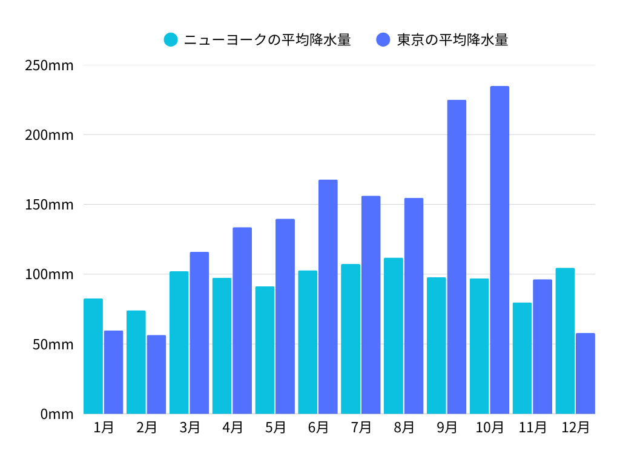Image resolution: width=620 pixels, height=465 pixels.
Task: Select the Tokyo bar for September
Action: coord(457,257)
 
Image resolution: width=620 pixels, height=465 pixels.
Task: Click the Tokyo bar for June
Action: coord(328,297)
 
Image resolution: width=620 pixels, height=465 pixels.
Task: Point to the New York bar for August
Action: coord(394,336)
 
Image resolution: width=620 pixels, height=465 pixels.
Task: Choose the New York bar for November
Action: coord(522,358)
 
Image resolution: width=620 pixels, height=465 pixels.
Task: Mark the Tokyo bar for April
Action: coord(242,320)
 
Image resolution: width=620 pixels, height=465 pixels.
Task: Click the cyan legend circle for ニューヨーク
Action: coord(171,40)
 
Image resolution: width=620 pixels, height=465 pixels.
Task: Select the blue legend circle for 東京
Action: coord(383,40)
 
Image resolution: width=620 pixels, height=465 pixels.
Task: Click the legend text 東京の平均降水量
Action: coord(452,40)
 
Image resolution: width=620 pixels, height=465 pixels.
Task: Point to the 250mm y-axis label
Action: coord(49,65)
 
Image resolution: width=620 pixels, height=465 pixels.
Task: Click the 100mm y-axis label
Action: coord(49,274)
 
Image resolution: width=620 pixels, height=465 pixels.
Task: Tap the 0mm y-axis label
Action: coord(57,414)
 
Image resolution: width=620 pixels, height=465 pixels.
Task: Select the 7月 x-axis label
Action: coord(361,427)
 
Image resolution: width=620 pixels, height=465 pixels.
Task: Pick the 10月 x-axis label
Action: coord(490,427)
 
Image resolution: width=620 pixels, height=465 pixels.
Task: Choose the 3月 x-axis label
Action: coord(190,427)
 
